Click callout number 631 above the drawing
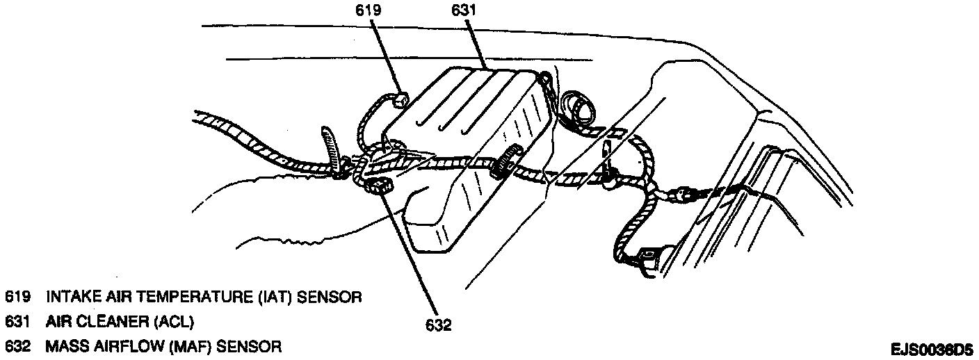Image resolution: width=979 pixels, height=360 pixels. coord(460,11)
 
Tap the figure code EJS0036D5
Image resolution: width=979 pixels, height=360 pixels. coord(932,349)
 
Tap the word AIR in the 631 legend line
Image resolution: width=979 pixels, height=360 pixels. coord(58,322)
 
